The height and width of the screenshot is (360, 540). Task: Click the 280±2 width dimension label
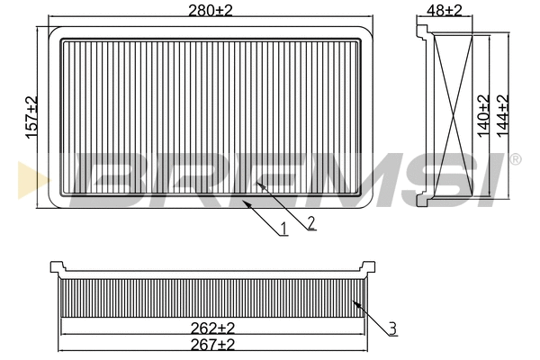click(x=210, y=10)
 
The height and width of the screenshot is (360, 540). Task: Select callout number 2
click(x=310, y=222)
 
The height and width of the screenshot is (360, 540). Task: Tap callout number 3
click(x=392, y=328)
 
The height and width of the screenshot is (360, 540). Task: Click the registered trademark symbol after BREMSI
click(x=515, y=159)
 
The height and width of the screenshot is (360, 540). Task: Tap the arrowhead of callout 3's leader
click(x=355, y=303)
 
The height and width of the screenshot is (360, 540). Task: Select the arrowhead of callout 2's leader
click(x=258, y=183)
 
